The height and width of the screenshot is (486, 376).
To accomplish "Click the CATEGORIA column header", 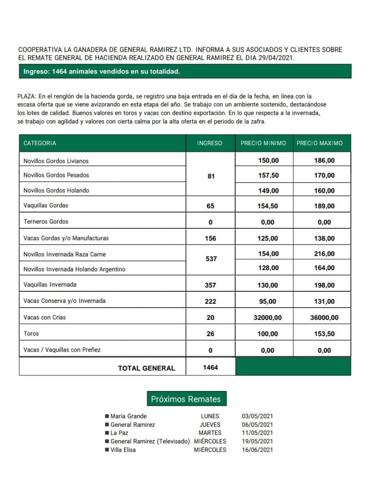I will [x=40, y=143].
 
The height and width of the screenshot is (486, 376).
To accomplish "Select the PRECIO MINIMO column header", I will [x=263, y=143].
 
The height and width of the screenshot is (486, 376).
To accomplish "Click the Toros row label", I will [x=31, y=334].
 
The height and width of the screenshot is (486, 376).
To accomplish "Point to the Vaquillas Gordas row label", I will [x=46, y=206].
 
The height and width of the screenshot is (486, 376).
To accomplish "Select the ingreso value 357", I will [x=211, y=285].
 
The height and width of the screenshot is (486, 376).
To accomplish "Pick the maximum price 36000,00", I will [x=324, y=318].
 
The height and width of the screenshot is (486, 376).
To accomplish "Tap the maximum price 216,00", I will [x=324, y=254].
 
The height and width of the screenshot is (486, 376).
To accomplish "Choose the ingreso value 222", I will [x=211, y=301].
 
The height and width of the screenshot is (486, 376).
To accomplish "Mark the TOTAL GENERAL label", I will [x=146, y=368].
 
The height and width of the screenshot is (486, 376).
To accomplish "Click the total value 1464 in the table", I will [x=211, y=367].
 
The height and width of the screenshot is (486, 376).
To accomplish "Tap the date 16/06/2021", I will [x=257, y=449].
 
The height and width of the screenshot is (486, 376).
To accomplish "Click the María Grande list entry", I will [x=128, y=416].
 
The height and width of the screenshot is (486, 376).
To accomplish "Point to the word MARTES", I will [x=210, y=433].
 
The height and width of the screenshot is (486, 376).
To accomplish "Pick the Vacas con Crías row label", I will [x=48, y=317].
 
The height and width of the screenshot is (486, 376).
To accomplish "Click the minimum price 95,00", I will [x=268, y=301].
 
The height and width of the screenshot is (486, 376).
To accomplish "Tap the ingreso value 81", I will [x=211, y=176].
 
